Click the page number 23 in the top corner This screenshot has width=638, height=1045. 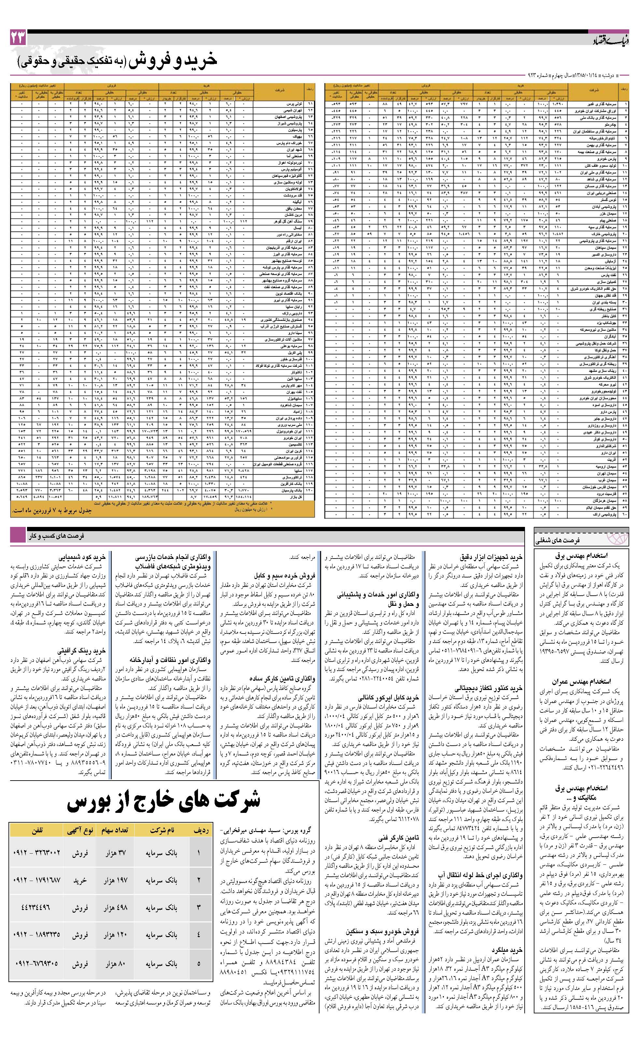point(18,38)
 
